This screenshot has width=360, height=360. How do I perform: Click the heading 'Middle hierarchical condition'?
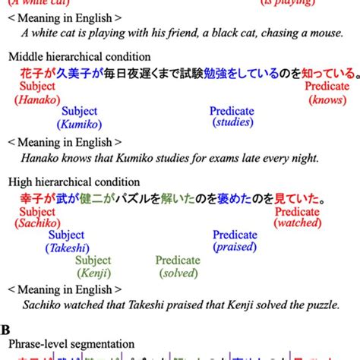tap(79, 57)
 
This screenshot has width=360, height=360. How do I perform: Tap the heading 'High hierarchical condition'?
tap(74, 182)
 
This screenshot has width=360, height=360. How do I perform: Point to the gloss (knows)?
tap(327, 99)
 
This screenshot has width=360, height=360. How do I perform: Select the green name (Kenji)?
tap(94, 273)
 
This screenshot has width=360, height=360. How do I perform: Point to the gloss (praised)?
tap(235, 248)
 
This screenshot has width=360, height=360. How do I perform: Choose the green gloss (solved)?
tap(178, 273)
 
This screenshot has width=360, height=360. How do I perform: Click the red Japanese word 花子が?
tap(25, 74)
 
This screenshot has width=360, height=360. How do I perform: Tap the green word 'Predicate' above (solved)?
tap(178, 261)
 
